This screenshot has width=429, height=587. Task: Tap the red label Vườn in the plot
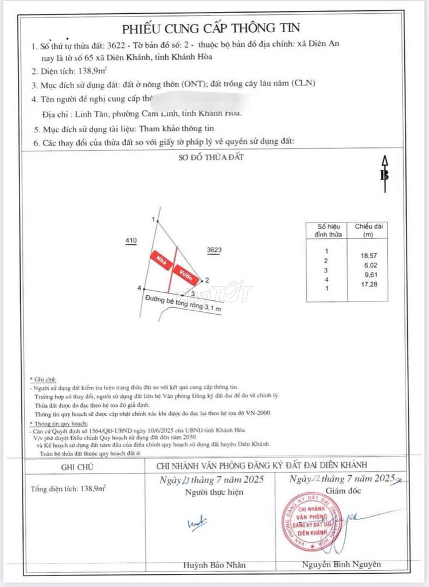(x=187, y=274)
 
